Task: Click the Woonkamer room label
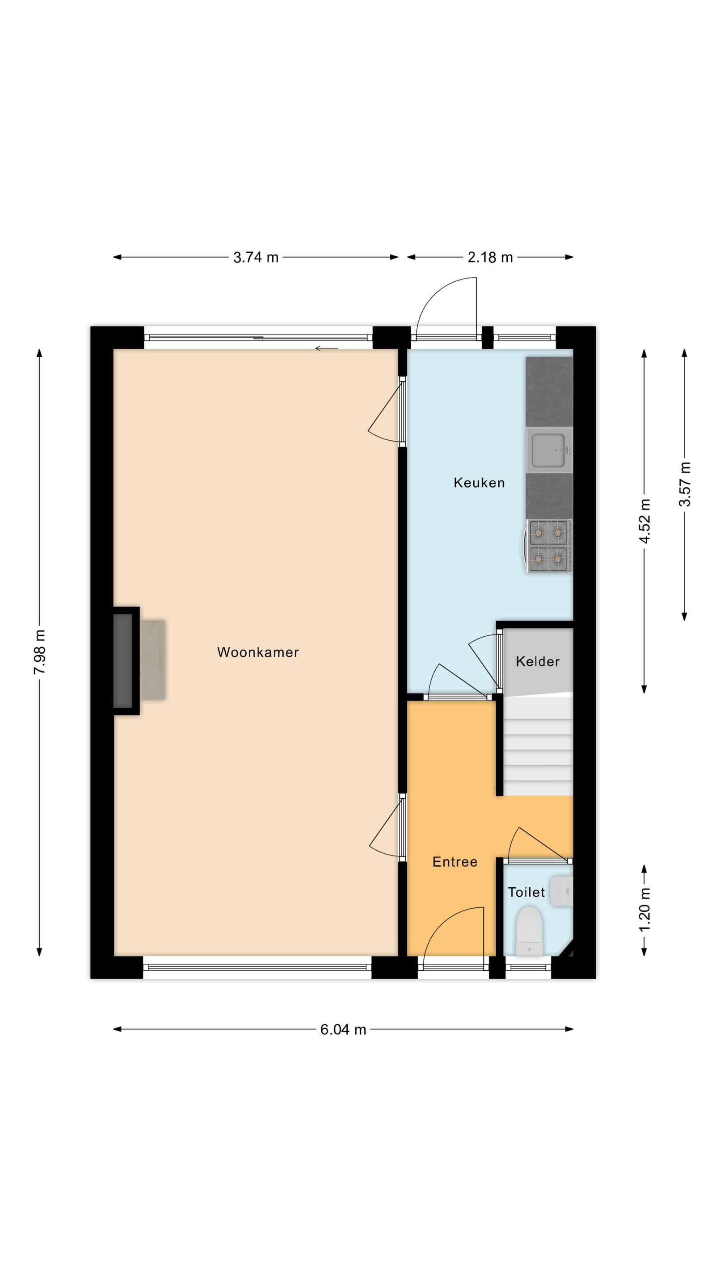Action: (x=258, y=652)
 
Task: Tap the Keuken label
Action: (x=479, y=483)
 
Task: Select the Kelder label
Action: (x=538, y=661)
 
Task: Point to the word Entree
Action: (x=455, y=862)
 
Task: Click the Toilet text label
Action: (x=526, y=892)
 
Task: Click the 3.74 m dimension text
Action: (x=256, y=257)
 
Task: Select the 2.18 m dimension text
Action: (x=490, y=257)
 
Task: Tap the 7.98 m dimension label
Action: (x=39, y=652)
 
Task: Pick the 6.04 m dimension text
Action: (x=343, y=1029)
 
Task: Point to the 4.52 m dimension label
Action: (x=644, y=521)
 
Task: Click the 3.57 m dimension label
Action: (x=685, y=484)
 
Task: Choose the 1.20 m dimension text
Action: (x=644, y=909)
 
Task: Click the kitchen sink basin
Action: (x=549, y=450)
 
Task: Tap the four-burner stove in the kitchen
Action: (x=550, y=546)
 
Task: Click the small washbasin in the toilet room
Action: (x=561, y=891)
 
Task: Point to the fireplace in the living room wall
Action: (x=126, y=661)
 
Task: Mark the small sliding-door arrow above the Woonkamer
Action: (x=327, y=348)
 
